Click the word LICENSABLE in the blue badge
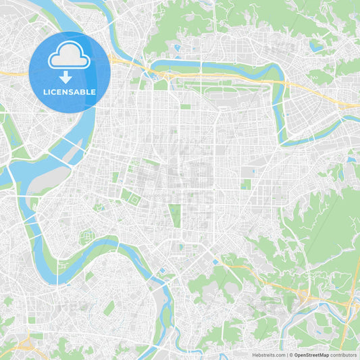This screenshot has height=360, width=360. [x=70, y=91]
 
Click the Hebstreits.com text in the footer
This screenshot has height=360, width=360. [x=269, y=355]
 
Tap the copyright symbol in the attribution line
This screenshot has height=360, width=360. [x=291, y=355]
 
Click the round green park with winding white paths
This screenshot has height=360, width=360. [x=86, y=237]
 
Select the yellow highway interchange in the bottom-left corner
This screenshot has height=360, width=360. [x=24, y=344]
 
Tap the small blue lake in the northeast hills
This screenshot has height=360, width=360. [x=315, y=47]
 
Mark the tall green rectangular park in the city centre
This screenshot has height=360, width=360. [x=176, y=215]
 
